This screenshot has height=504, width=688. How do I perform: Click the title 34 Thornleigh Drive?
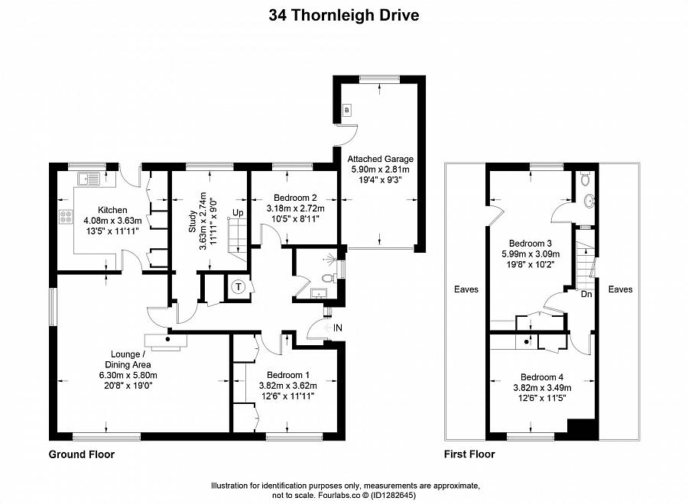[344, 15]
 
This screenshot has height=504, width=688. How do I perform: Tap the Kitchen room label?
[112, 210]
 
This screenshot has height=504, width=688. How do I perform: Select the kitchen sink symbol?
[87, 180]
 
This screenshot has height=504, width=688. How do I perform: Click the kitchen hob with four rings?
[64, 216]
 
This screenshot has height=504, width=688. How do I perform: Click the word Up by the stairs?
[239, 212]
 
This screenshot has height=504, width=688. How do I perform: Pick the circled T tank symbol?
[239, 287]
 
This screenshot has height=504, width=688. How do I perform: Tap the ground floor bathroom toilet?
[329, 278]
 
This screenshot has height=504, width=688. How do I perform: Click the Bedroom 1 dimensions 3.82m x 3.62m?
[286, 386]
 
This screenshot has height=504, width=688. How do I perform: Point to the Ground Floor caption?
[82, 454]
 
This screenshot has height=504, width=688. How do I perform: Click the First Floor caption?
[470, 454]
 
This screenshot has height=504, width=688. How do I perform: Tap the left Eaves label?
[466, 290]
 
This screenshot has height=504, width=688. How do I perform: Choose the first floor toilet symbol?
[586, 179]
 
